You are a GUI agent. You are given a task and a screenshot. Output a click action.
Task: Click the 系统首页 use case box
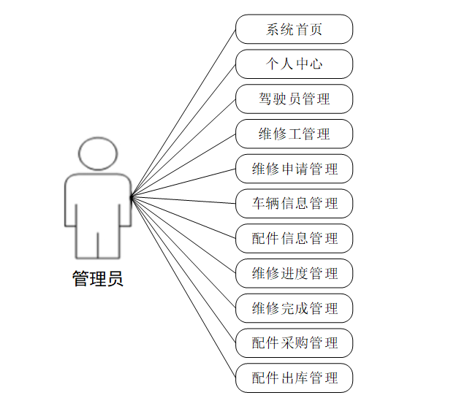pyautogui.click(x=295, y=30)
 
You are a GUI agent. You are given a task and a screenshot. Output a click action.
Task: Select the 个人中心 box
pyautogui.click(x=295, y=64)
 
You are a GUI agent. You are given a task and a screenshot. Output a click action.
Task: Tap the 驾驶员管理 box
pyautogui.click(x=295, y=99)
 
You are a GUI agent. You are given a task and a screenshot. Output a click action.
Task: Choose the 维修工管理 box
pyautogui.click(x=295, y=134)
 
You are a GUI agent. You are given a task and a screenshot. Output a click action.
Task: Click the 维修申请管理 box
pyautogui.click(x=295, y=169)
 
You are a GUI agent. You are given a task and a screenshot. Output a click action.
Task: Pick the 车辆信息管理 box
pyautogui.click(x=295, y=203)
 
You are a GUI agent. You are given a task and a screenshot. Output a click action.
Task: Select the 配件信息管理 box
pyautogui.click(x=295, y=238)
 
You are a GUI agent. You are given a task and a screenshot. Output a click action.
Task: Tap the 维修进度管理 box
pyautogui.click(x=295, y=273)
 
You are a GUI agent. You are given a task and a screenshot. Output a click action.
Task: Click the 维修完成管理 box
pyautogui.click(x=295, y=307)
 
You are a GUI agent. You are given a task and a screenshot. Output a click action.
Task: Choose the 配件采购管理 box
pyautogui.click(x=295, y=342)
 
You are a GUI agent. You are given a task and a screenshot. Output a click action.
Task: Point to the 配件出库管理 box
pyautogui.click(x=295, y=378)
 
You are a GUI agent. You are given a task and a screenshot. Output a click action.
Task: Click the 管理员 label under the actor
pyautogui.click(x=98, y=279)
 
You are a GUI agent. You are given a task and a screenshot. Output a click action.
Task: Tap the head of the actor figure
pyautogui.click(x=98, y=153)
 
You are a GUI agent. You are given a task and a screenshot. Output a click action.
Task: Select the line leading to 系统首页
pyautogui.click(x=183, y=113)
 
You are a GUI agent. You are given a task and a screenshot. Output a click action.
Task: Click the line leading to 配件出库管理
pyautogui.click(x=183, y=287)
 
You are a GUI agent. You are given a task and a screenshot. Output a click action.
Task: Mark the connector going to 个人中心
pyautogui.click(x=183, y=131)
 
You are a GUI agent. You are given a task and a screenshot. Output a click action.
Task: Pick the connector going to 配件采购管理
pyautogui.click(x=183, y=269)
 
